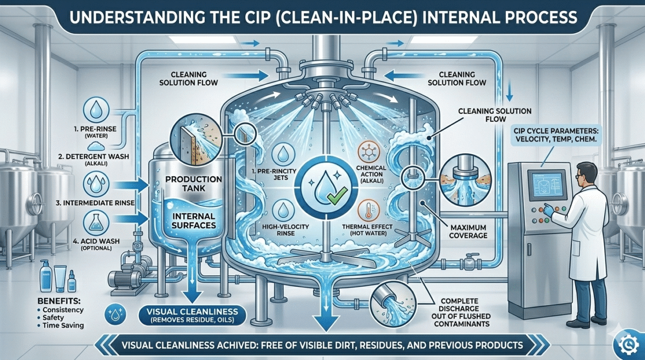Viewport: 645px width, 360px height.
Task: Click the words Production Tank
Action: [187, 183]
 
